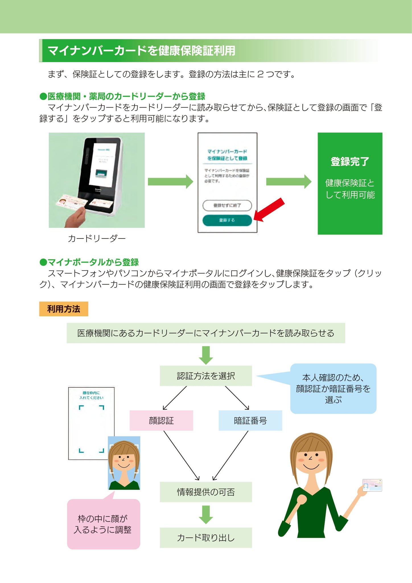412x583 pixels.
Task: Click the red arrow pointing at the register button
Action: tap(269, 210)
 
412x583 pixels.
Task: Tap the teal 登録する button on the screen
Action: tap(227, 220)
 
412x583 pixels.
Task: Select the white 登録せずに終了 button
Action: tap(227, 205)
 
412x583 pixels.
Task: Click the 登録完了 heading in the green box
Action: tap(350, 162)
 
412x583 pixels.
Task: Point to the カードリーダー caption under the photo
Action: tap(97, 238)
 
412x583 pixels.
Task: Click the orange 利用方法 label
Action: tap(63, 309)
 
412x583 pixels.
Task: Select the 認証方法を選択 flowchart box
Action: tap(206, 376)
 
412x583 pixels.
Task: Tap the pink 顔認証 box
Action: tap(161, 420)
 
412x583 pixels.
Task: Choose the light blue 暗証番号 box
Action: tap(250, 420)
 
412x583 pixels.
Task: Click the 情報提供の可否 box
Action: tap(206, 492)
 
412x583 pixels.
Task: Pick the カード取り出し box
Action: tap(206, 538)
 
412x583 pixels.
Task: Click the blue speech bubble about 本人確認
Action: tap(333, 389)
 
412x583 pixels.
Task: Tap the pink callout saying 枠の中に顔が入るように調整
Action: tap(103, 524)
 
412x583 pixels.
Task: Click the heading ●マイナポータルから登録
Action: tap(89, 262)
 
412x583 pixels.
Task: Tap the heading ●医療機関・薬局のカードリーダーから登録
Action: tap(122, 97)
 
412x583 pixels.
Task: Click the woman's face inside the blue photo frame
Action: tap(124, 460)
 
